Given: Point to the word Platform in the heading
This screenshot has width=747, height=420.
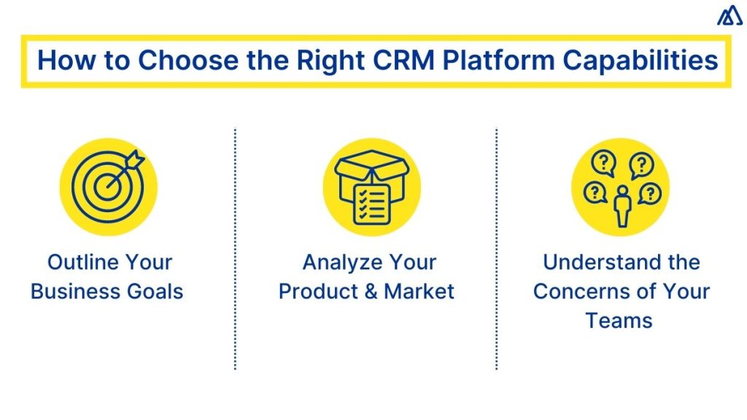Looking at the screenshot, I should click(498, 61).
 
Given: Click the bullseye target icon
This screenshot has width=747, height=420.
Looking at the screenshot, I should click(107, 186).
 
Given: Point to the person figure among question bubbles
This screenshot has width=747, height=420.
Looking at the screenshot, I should click(622, 206).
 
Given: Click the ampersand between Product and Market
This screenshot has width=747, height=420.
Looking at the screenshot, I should click(370, 292).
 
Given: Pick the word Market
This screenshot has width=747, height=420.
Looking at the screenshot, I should click(419, 292).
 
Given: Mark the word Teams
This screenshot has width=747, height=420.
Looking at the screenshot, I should click(619, 321).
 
